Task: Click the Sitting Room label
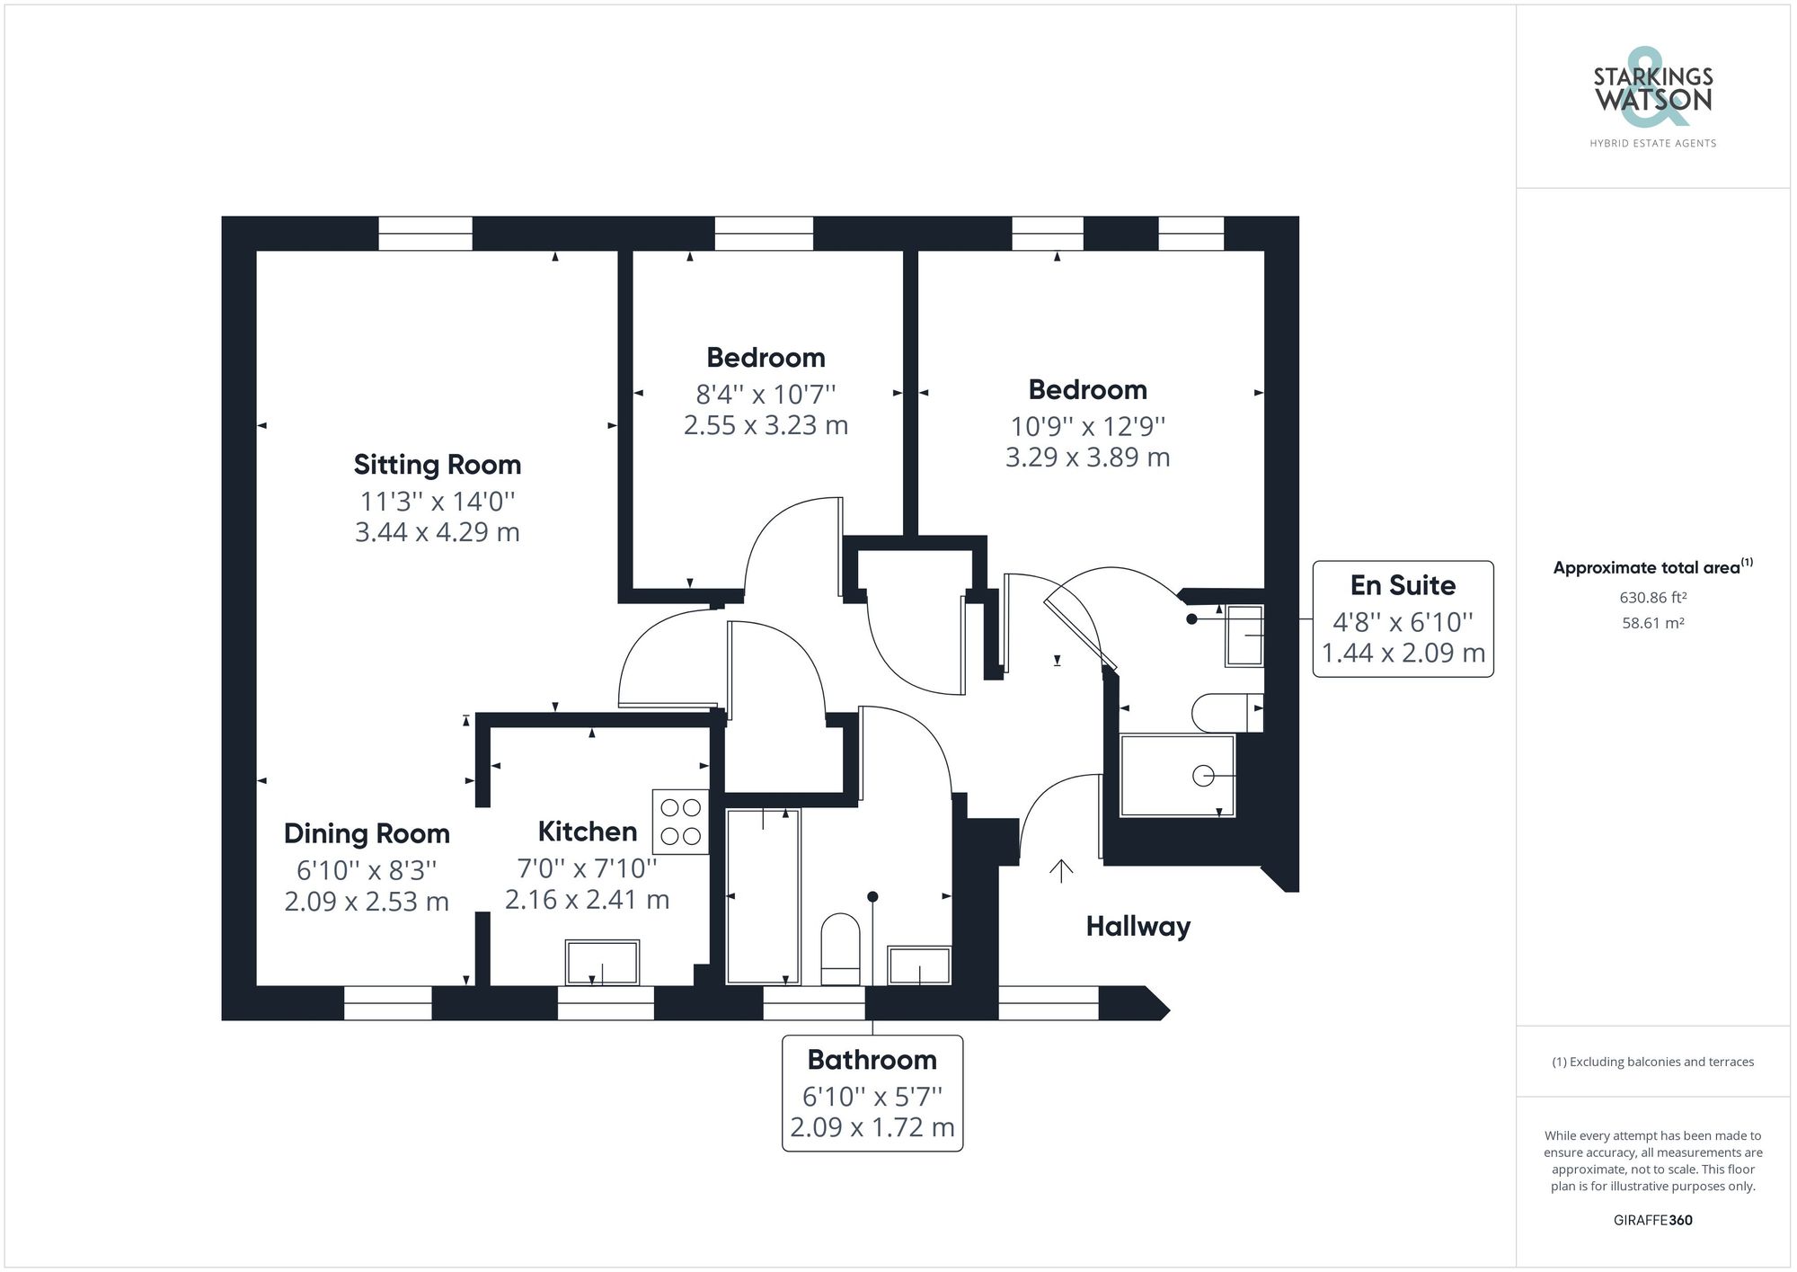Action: [x=437, y=465]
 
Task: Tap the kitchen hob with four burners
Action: [x=680, y=822]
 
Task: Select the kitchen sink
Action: [x=602, y=963]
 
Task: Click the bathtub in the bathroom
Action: [x=763, y=896]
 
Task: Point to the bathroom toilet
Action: [x=841, y=949]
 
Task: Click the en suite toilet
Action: [x=1226, y=713]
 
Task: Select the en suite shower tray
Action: [x=1177, y=776]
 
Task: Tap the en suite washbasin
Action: [x=1244, y=636]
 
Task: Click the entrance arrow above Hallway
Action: [x=1061, y=870]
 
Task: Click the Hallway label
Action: [x=1138, y=926]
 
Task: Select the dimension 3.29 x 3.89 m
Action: [x=1087, y=458]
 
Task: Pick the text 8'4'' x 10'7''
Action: [x=766, y=394]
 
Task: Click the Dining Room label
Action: [x=367, y=833]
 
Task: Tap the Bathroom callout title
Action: [x=872, y=1060]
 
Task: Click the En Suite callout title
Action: [x=1403, y=585]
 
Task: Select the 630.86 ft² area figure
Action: [x=1652, y=597]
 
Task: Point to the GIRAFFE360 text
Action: [x=1652, y=1220]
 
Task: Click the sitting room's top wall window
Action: [x=425, y=234]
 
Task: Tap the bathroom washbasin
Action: [x=918, y=965]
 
